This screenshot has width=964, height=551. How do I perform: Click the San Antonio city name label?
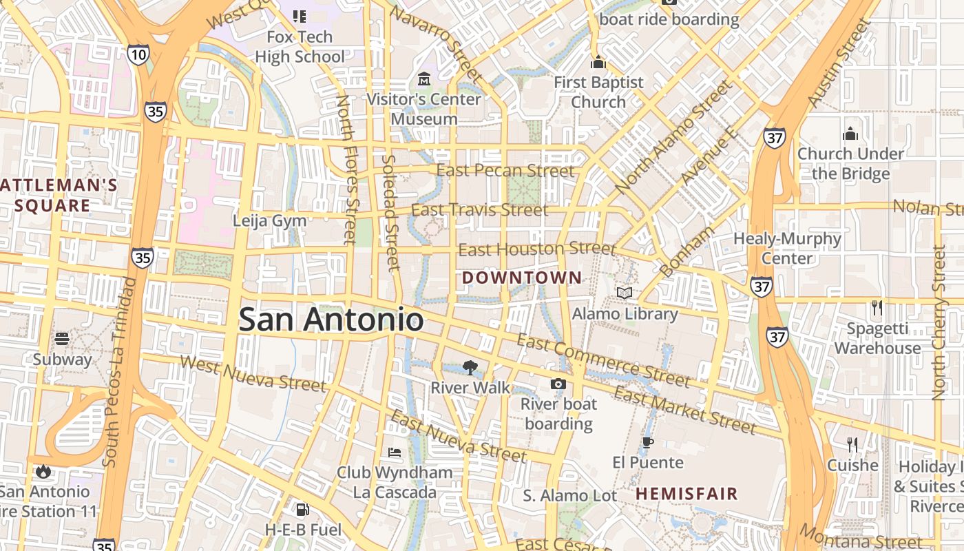[331, 320]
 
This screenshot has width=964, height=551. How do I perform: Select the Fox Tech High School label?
[300, 47]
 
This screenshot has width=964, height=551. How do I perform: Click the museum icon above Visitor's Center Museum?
[423, 79]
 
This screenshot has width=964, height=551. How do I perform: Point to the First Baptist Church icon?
[598, 63]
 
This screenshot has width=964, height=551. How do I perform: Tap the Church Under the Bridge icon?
[850, 134]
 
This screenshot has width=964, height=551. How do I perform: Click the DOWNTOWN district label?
[522, 278]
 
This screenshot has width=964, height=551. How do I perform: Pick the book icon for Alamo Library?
[625, 293]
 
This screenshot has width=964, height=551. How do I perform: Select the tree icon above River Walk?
[470, 367]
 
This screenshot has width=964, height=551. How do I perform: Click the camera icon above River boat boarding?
[558, 384]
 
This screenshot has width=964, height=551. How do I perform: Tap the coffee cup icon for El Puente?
[647, 442]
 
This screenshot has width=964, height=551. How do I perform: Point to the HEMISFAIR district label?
[687, 494]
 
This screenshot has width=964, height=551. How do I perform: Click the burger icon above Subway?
[62, 339]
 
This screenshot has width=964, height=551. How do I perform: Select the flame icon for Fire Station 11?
[43, 472]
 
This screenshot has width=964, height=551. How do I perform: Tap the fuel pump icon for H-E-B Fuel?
[302, 510]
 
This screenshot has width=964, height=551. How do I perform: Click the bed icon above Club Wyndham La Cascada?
[395, 453]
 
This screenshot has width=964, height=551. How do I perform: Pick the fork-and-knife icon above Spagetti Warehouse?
[877, 308]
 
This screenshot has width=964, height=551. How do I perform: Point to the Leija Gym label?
[269, 221]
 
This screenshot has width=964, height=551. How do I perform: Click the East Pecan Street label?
[505, 171]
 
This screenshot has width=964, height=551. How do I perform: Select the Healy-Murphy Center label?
[787, 249]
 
